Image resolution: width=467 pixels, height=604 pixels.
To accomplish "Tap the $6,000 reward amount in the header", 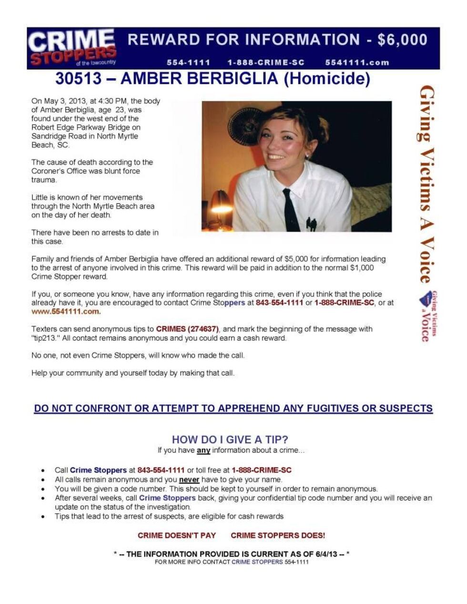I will click(402, 40).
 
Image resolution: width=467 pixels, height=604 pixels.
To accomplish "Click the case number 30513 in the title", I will click(78, 79).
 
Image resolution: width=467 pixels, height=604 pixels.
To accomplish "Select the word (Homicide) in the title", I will click(334, 79).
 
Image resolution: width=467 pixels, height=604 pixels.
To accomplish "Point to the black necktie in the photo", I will click(290, 209).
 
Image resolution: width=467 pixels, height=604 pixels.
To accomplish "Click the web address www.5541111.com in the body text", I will click(66, 311).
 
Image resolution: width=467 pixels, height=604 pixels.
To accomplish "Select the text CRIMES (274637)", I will click(187, 329).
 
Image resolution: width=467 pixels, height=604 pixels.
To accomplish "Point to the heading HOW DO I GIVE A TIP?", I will click(230, 440).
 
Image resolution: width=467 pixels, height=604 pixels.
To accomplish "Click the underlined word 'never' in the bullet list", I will click(189, 480).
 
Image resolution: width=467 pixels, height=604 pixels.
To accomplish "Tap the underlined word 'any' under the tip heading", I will click(203, 450).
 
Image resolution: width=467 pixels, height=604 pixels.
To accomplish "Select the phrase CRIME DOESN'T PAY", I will click(177, 535).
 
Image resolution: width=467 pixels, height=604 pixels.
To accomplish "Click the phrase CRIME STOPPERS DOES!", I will click(278, 535).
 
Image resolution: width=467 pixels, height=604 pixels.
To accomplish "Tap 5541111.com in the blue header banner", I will click(357, 62).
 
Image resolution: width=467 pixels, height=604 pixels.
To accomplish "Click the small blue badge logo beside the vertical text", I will click(425, 299).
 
